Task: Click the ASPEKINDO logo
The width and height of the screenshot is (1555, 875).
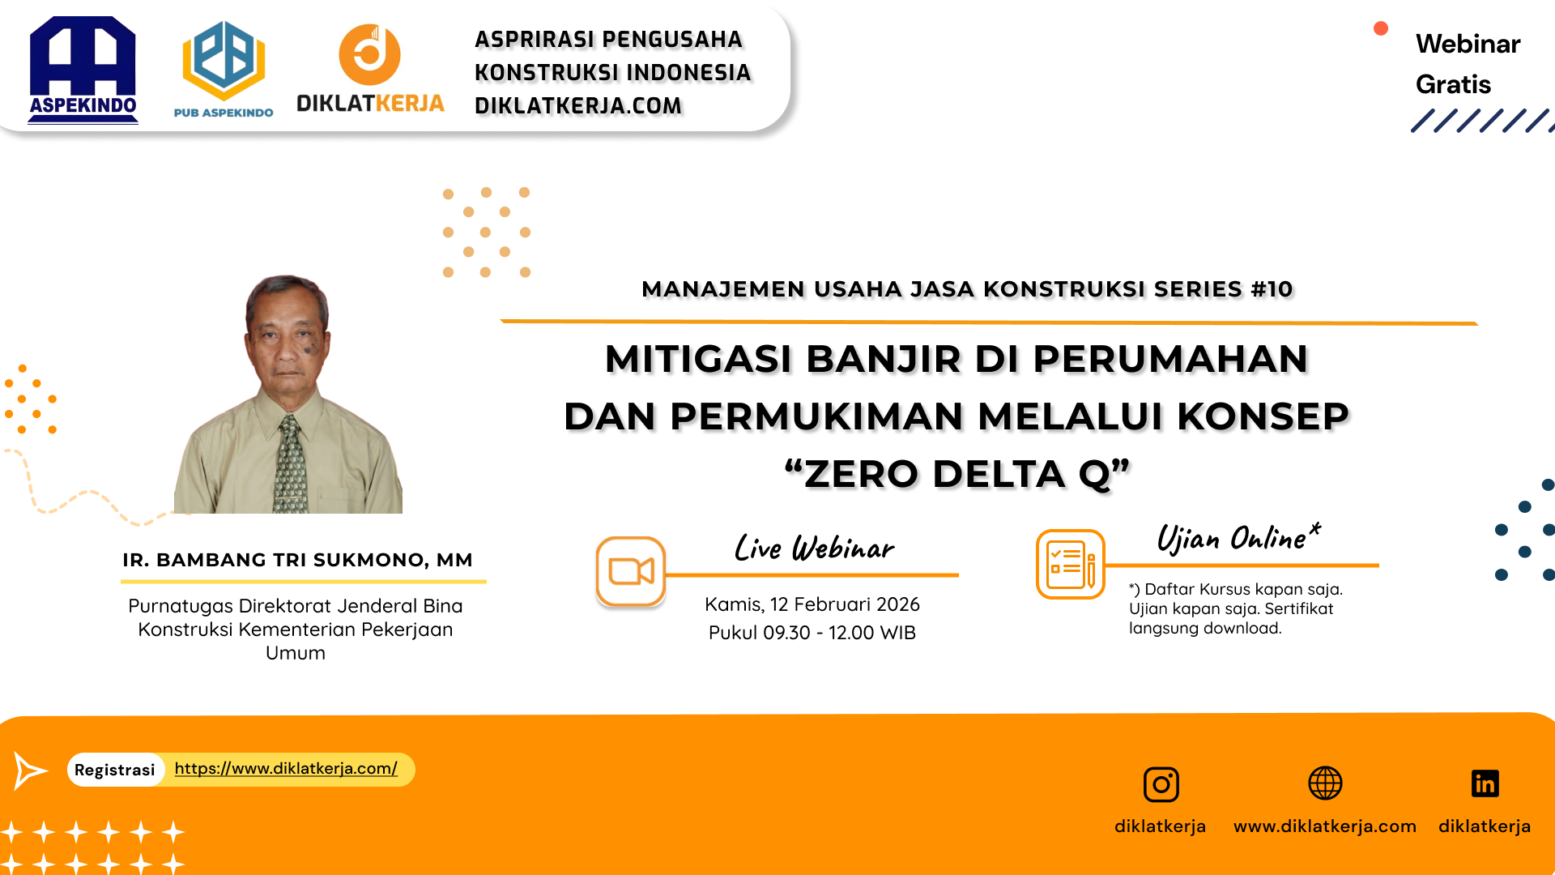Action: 83,70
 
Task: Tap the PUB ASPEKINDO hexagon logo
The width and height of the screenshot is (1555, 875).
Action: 224,62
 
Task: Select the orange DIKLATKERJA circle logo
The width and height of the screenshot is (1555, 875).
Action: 369,55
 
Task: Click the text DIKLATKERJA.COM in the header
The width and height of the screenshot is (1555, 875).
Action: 578,106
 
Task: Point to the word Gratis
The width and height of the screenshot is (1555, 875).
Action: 1453,84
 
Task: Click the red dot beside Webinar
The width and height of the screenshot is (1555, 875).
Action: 1381,29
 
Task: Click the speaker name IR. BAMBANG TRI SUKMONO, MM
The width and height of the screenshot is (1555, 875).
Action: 297,560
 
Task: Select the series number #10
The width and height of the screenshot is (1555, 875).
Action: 1272,289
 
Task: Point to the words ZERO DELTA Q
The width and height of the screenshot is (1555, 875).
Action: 956,474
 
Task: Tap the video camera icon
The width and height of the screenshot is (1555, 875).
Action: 631,571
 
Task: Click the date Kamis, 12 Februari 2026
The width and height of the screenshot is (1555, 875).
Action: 812,604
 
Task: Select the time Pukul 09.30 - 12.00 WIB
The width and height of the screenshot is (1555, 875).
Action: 812,633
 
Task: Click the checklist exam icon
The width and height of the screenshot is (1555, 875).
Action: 1070,564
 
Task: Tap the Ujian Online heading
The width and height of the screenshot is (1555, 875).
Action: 1238,539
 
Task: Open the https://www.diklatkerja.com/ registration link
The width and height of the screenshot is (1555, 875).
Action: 286,768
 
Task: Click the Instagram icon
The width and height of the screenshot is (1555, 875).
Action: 1161,784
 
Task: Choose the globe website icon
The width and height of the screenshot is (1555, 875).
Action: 1325,783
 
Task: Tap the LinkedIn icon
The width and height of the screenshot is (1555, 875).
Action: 1485,783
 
